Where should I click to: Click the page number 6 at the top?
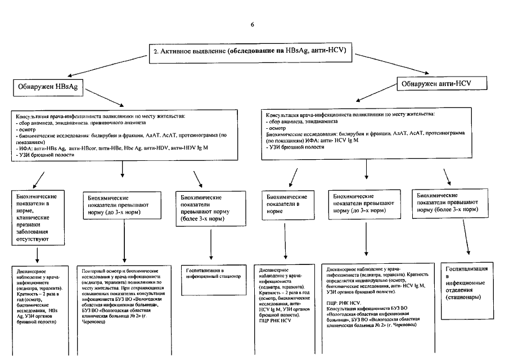point(253,24)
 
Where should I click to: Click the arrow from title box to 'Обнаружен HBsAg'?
point(107,65)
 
